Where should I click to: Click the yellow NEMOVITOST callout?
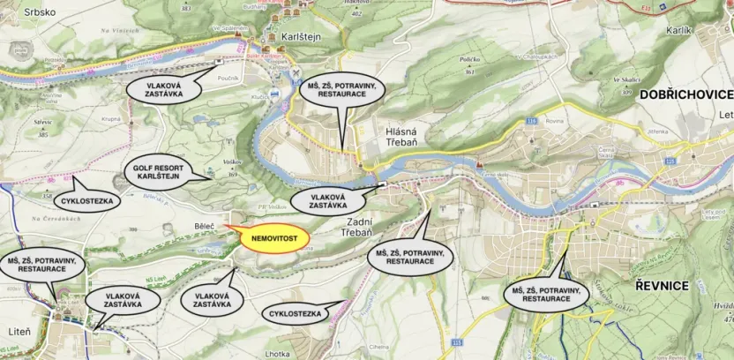273,238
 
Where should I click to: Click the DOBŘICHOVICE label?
686,94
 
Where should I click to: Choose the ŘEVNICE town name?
661,285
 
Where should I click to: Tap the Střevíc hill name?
42,124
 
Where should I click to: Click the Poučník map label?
228,78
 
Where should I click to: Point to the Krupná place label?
110,117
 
